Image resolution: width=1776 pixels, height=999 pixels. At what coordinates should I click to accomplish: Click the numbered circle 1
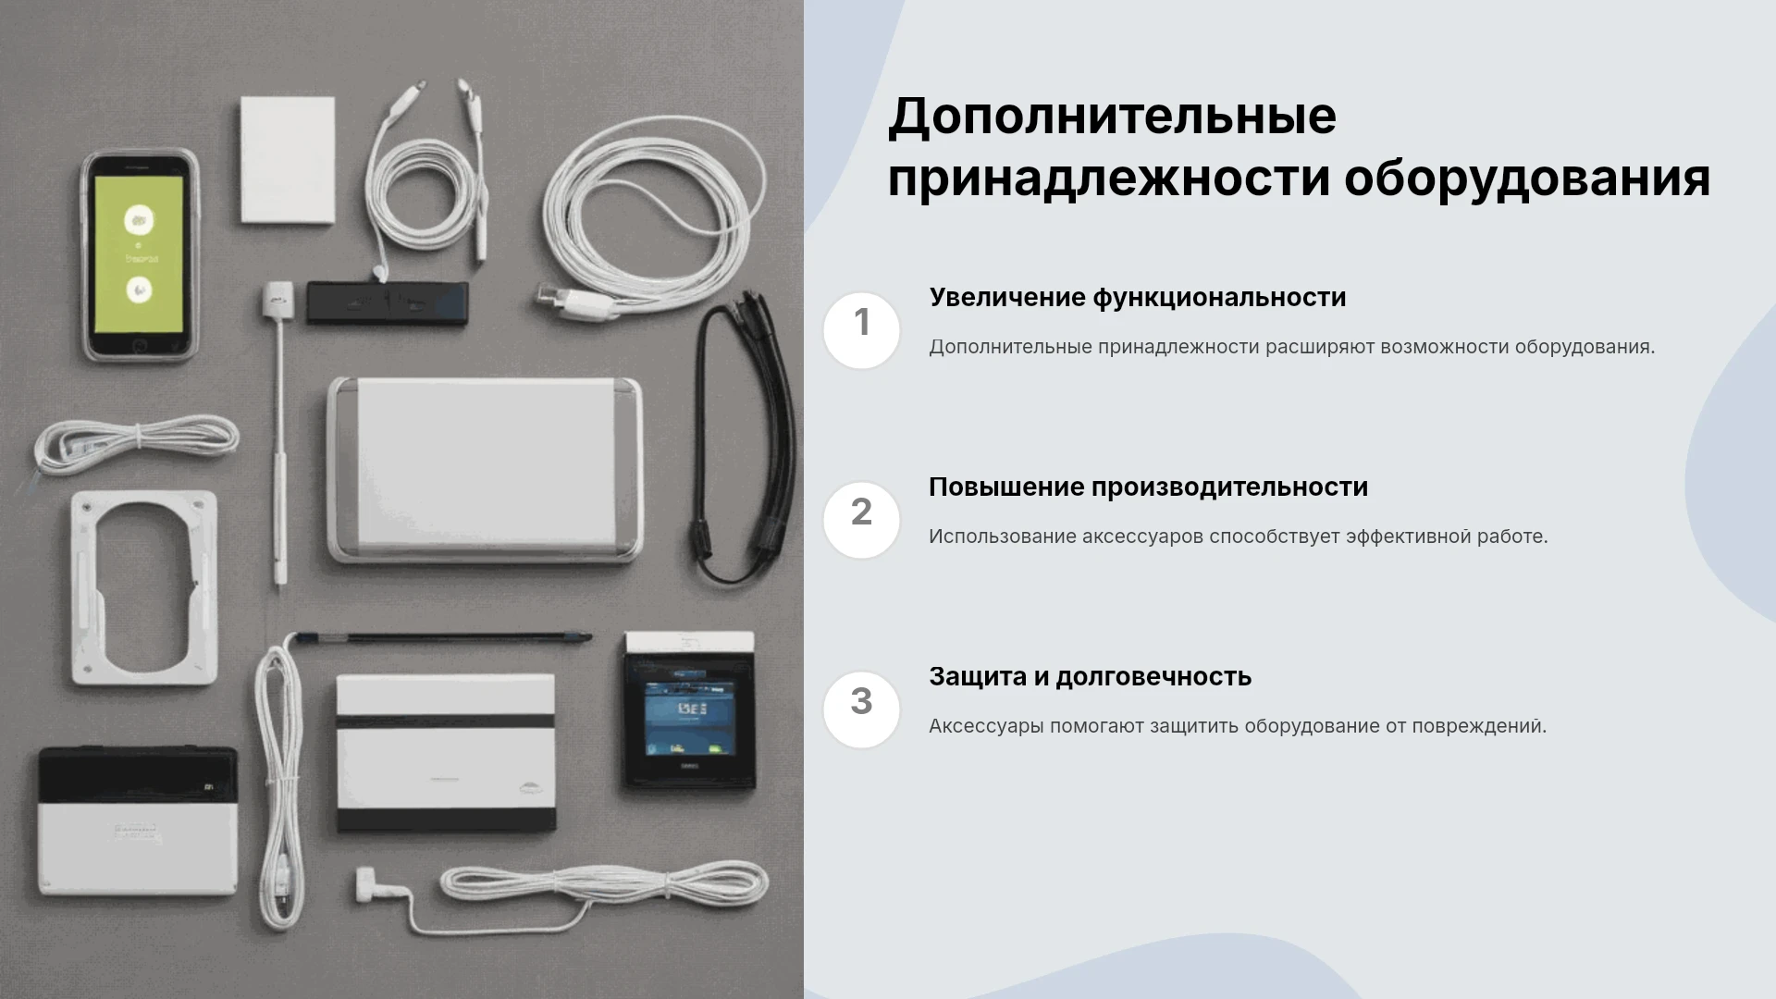point(861,330)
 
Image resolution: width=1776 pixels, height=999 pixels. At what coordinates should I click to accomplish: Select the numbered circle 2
point(861,520)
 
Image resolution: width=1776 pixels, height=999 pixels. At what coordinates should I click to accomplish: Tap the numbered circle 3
point(861,709)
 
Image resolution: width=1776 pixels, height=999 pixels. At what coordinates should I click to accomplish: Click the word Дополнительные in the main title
point(1112,117)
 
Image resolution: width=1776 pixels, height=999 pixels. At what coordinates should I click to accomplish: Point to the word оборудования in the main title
point(1526,179)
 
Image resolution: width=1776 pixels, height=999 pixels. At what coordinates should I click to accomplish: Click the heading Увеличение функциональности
point(1138,298)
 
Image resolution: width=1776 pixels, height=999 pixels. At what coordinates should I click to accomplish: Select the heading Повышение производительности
point(1148,487)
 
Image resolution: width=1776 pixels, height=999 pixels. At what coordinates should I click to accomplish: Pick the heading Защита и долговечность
point(1090,677)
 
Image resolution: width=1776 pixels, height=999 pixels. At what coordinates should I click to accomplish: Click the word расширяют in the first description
point(1320,348)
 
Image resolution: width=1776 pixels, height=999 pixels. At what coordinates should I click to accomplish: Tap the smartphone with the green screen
point(140,255)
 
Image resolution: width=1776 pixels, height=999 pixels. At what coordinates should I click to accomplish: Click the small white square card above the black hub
point(288,159)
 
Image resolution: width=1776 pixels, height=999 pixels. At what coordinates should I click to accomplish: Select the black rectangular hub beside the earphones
point(388,303)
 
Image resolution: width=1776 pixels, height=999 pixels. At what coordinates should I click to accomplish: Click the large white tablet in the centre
point(485,469)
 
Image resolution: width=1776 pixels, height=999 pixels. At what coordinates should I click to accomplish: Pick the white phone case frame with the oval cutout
point(144,588)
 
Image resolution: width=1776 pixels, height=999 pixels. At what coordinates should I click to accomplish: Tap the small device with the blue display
point(689,710)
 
